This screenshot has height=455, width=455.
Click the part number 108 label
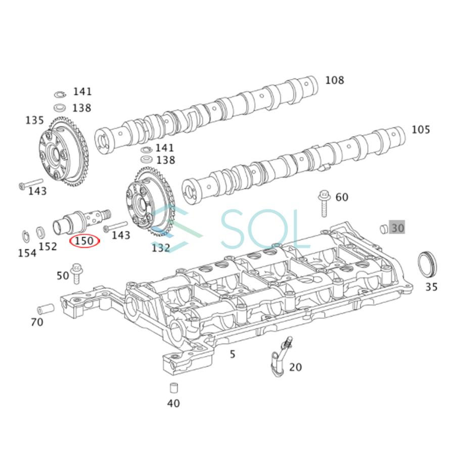334,80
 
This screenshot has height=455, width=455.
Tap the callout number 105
421,130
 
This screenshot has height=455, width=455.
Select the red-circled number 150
84,241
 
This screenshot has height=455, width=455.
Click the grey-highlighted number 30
397,228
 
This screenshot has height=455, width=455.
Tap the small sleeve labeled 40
173,389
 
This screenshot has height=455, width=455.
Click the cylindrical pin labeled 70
45,308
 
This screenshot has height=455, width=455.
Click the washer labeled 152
42,233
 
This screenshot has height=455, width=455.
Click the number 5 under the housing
232,354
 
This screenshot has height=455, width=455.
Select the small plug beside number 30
383,229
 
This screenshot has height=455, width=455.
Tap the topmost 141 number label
82,92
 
